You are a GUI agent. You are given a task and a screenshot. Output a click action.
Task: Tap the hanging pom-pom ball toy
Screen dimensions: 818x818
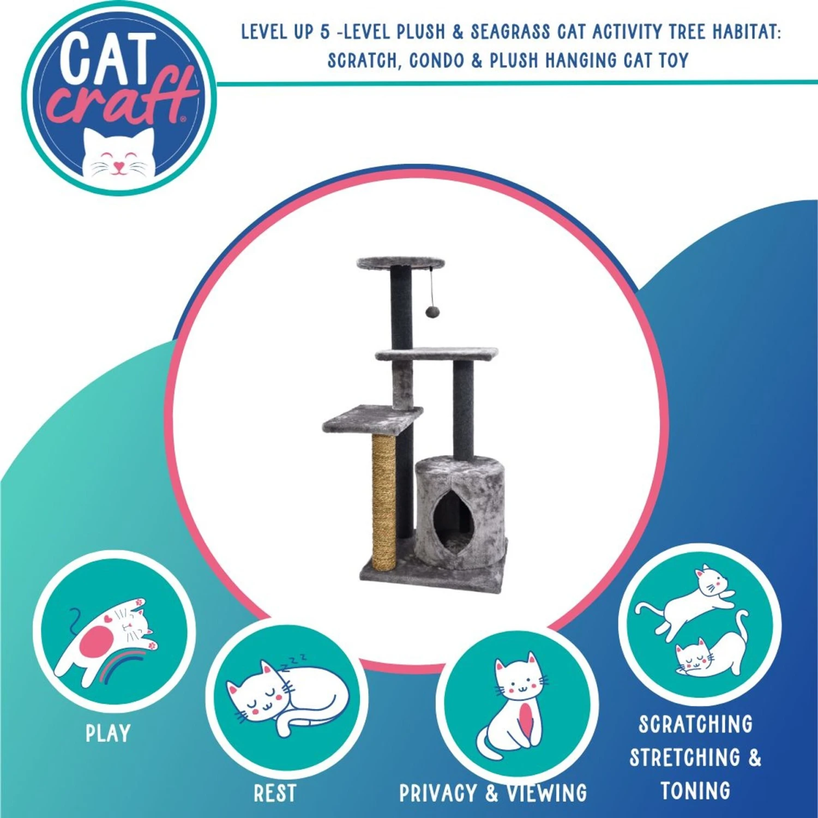click(x=432, y=312)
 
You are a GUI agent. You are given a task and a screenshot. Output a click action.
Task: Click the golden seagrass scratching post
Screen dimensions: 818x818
click(x=384, y=502)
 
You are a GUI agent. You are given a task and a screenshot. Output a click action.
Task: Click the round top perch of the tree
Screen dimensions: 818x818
click(x=401, y=263)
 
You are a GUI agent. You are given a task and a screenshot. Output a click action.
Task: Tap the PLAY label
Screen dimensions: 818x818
click(x=108, y=733)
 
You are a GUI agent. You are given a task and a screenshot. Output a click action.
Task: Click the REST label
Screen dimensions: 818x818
click(x=275, y=793)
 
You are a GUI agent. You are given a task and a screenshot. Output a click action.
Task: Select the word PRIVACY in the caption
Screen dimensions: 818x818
click(x=438, y=793)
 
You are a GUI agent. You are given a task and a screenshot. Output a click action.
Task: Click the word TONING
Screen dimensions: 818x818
click(x=695, y=791)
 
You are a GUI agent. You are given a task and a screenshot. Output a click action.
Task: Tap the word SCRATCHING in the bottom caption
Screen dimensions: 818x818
click(x=695, y=724)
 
